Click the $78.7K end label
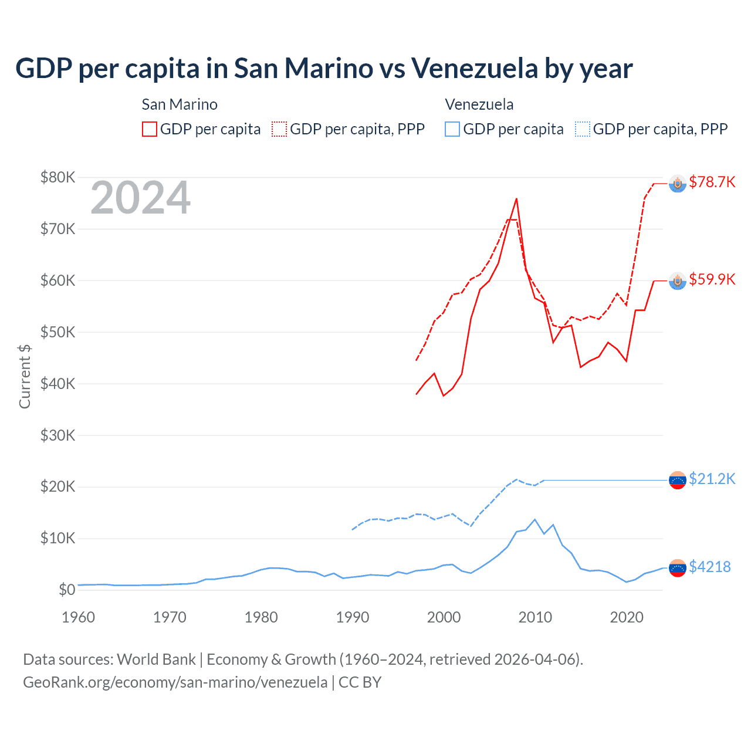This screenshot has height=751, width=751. [712, 182]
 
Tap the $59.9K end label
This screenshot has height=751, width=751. [712, 279]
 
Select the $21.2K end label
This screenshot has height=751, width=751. [712, 479]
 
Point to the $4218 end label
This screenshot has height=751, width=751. [709, 567]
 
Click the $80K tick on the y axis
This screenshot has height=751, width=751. [57, 177]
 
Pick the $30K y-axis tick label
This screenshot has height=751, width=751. [57, 435]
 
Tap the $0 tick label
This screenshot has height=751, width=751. [67, 590]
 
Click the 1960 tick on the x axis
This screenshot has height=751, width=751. [78, 617]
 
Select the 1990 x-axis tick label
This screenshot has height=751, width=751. [353, 617]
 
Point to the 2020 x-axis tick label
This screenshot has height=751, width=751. [627, 617]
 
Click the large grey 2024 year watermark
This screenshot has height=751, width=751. [140, 198]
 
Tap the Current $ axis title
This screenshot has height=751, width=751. [25, 376]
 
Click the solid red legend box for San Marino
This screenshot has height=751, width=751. [150, 129]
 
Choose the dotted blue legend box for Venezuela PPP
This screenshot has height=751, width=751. [583, 129]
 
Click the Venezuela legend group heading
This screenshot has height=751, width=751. [479, 104]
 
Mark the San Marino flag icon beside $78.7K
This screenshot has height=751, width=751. [678, 184]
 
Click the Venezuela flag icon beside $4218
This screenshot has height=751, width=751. [678, 568]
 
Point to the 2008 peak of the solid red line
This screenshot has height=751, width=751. [516, 199]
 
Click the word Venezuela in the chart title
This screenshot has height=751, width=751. [474, 68]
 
